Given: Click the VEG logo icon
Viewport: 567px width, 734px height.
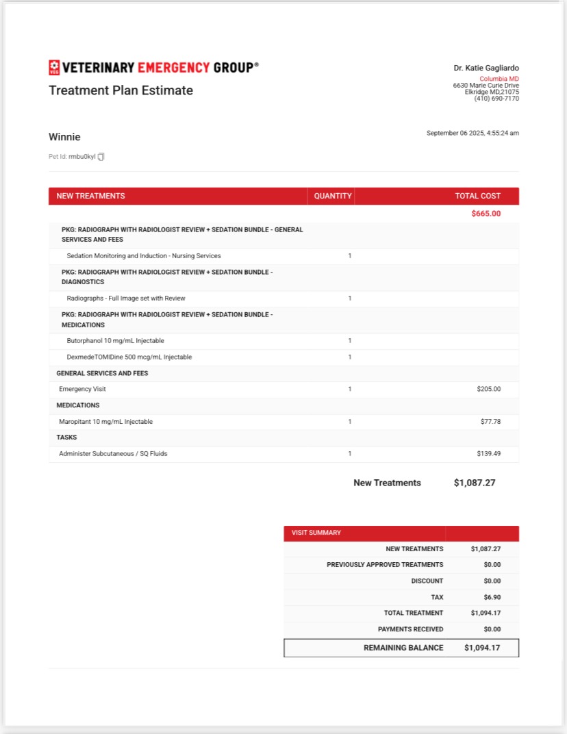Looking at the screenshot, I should pos(54,67).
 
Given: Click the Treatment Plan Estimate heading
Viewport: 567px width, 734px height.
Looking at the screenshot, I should pos(121,90).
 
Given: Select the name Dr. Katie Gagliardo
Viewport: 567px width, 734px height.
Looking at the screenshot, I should pos(486,68).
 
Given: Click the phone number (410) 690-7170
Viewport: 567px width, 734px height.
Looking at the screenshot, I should pos(496,99).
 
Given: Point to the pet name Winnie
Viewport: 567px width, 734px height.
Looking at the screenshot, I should pos(64,137).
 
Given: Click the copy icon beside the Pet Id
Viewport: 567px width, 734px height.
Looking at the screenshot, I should pos(101,157).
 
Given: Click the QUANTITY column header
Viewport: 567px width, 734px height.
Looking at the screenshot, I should pos(333,196).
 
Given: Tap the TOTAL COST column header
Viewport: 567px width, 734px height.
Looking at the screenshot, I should pos(477,196).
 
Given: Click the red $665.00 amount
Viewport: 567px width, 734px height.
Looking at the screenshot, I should pos(486,214).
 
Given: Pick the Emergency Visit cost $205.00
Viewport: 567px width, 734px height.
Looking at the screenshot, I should pos(488,389).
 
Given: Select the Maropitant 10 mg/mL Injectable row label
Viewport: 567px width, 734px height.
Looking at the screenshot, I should pos(105,422).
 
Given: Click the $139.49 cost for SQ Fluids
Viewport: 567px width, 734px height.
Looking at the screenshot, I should pos(488,453).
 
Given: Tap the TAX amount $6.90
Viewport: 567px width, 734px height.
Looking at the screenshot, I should pos(491,597).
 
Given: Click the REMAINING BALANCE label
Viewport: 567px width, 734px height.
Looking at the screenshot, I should pos(403,648).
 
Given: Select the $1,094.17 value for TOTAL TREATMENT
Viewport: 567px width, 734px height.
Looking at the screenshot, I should pos(486,613).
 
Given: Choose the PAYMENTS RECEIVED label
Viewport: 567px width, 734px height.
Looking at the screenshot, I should pos(410,629).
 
